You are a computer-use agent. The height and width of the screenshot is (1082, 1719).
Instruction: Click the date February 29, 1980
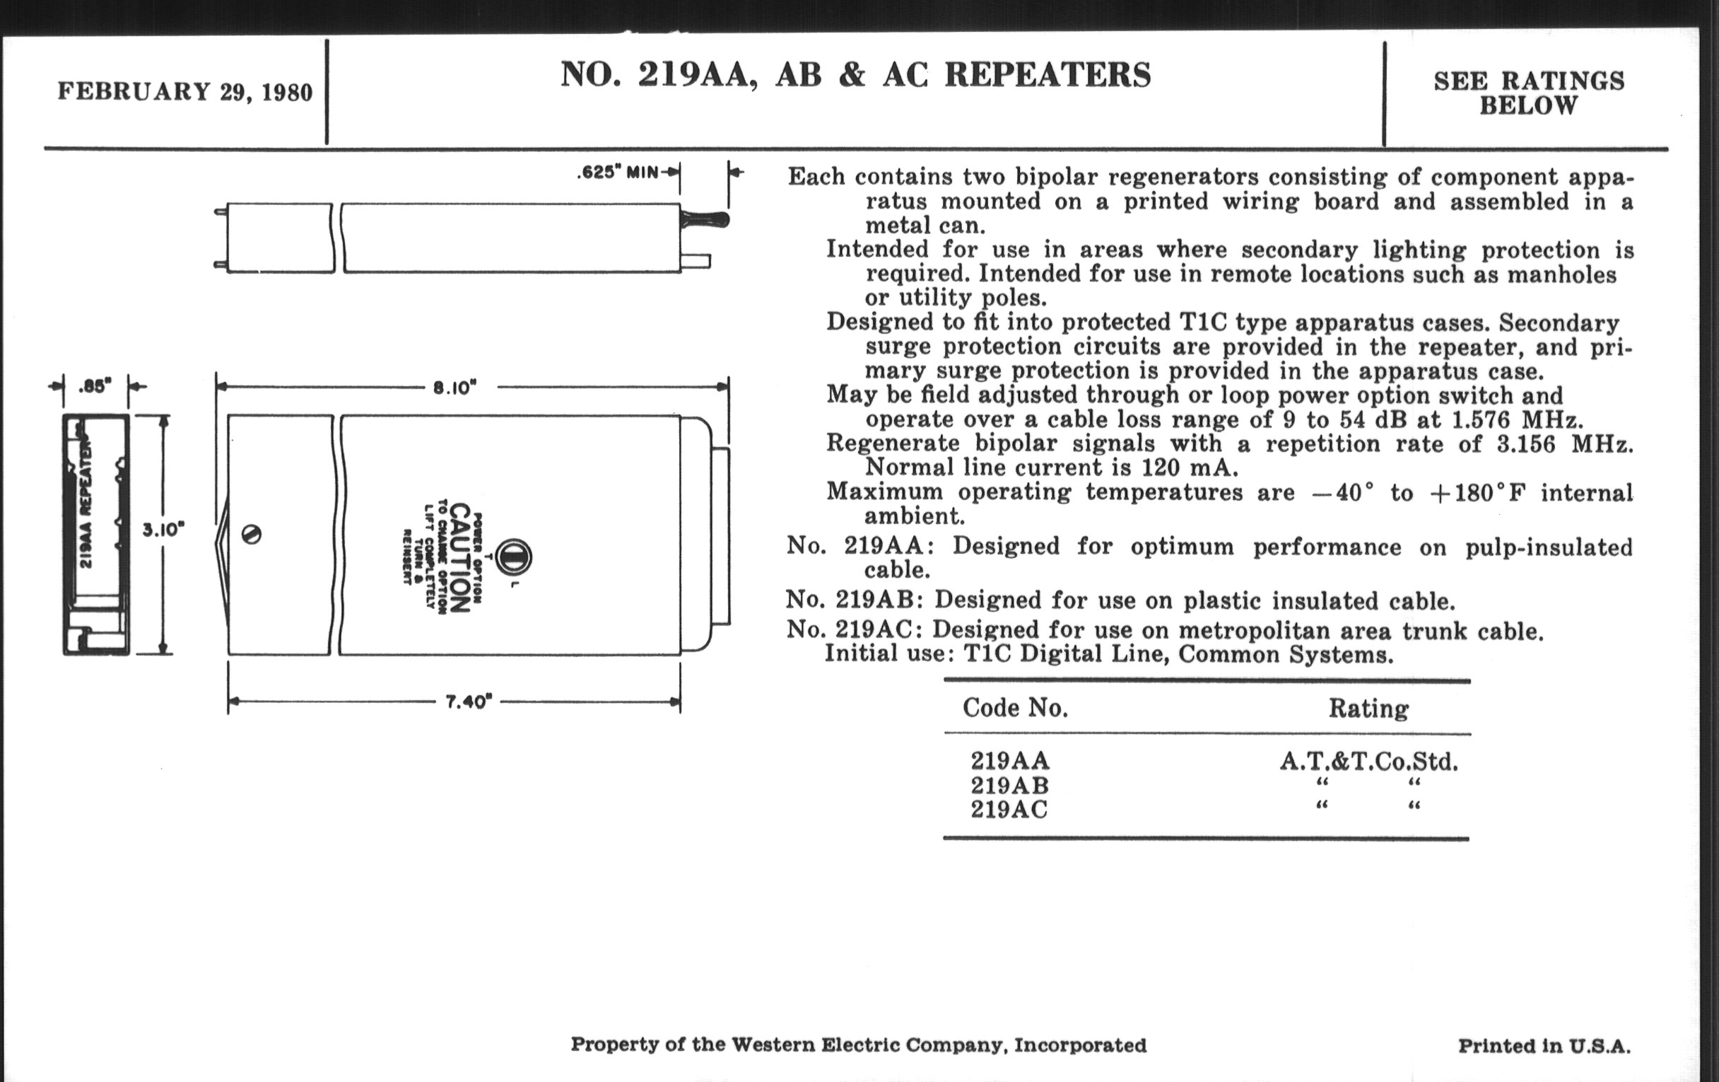pyautogui.click(x=185, y=92)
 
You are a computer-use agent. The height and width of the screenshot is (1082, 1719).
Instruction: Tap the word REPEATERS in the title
pyautogui.click(x=1048, y=75)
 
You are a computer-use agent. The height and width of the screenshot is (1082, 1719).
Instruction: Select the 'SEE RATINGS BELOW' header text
pyautogui.click(x=1528, y=93)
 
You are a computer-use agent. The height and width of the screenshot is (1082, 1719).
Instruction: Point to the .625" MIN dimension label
pyautogui.click(x=618, y=173)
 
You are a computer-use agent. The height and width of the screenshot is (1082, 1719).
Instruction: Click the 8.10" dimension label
pyautogui.click(x=454, y=388)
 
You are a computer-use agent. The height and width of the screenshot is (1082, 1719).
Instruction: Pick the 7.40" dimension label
pyautogui.click(x=469, y=702)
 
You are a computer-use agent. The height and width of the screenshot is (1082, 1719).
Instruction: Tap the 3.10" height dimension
pyautogui.click(x=163, y=530)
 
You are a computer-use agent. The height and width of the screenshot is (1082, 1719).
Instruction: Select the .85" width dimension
pyautogui.click(x=95, y=386)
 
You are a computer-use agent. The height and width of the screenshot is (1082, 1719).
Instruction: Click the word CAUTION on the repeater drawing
pyautogui.click(x=460, y=558)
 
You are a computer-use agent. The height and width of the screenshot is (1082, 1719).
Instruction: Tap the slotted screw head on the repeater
pyautogui.click(x=252, y=534)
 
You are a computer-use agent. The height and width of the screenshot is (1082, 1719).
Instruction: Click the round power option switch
pyautogui.click(x=512, y=557)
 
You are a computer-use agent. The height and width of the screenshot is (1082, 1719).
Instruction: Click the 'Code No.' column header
pyautogui.click(x=1015, y=708)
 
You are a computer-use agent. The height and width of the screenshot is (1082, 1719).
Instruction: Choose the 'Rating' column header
pyautogui.click(x=1368, y=709)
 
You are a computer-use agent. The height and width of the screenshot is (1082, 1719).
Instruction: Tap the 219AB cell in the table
pyautogui.click(x=1009, y=786)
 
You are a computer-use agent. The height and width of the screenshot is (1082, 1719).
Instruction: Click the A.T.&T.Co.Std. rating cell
pyautogui.click(x=1368, y=762)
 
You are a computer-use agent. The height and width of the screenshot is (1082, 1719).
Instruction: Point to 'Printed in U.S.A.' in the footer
pyautogui.click(x=1544, y=1047)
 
